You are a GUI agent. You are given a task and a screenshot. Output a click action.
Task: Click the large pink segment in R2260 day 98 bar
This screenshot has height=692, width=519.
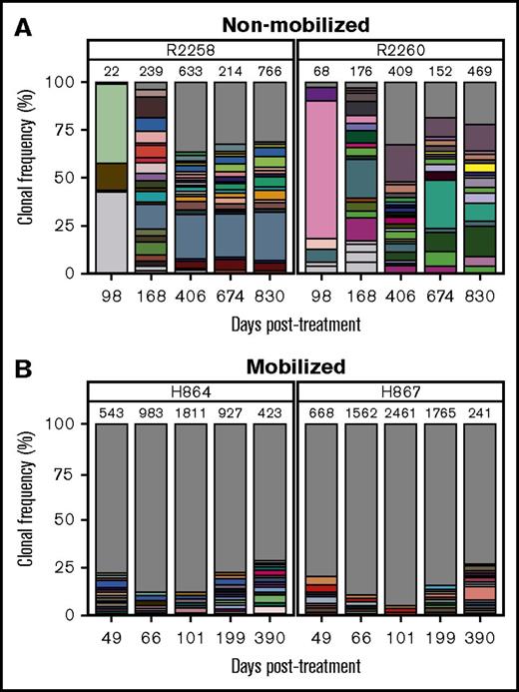click(x=320, y=170)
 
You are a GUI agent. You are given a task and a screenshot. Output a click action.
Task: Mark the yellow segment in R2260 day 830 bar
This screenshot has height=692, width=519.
click(x=481, y=168)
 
